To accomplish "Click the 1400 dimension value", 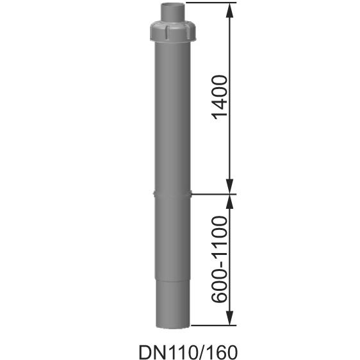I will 219,99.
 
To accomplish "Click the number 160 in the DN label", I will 213,352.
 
